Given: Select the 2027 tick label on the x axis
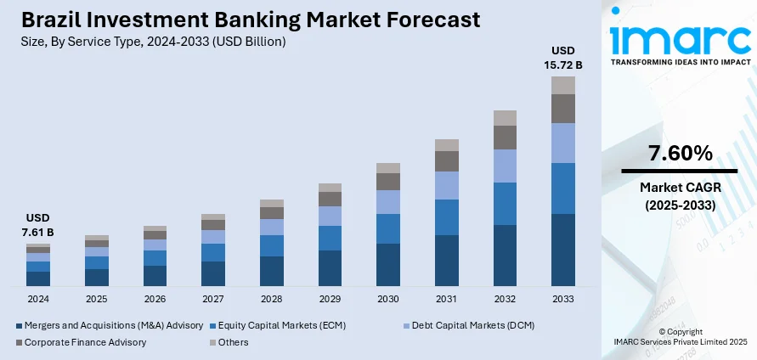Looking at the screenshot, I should pyautogui.click(x=213, y=299).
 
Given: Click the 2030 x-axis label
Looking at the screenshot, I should pyautogui.click(x=388, y=299).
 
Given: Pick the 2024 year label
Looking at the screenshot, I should pyautogui.click(x=38, y=299).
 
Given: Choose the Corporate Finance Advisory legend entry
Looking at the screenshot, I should pyautogui.click(x=84, y=342).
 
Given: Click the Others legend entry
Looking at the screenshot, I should pyautogui.click(x=232, y=342).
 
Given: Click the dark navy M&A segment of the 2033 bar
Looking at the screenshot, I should pyautogui.click(x=563, y=250).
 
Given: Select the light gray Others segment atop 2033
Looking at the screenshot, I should pyautogui.click(x=563, y=85).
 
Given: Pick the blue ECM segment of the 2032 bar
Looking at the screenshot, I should pyautogui.click(x=505, y=204).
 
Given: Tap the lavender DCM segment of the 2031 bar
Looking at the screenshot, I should pyautogui.click(x=447, y=185).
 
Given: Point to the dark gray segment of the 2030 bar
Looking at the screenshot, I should pyautogui.click(x=388, y=182).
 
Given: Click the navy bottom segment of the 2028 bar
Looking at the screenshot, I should pyautogui.click(x=272, y=271).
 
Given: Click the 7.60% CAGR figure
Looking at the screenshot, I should pyautogui.click(x=680, y=154).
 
